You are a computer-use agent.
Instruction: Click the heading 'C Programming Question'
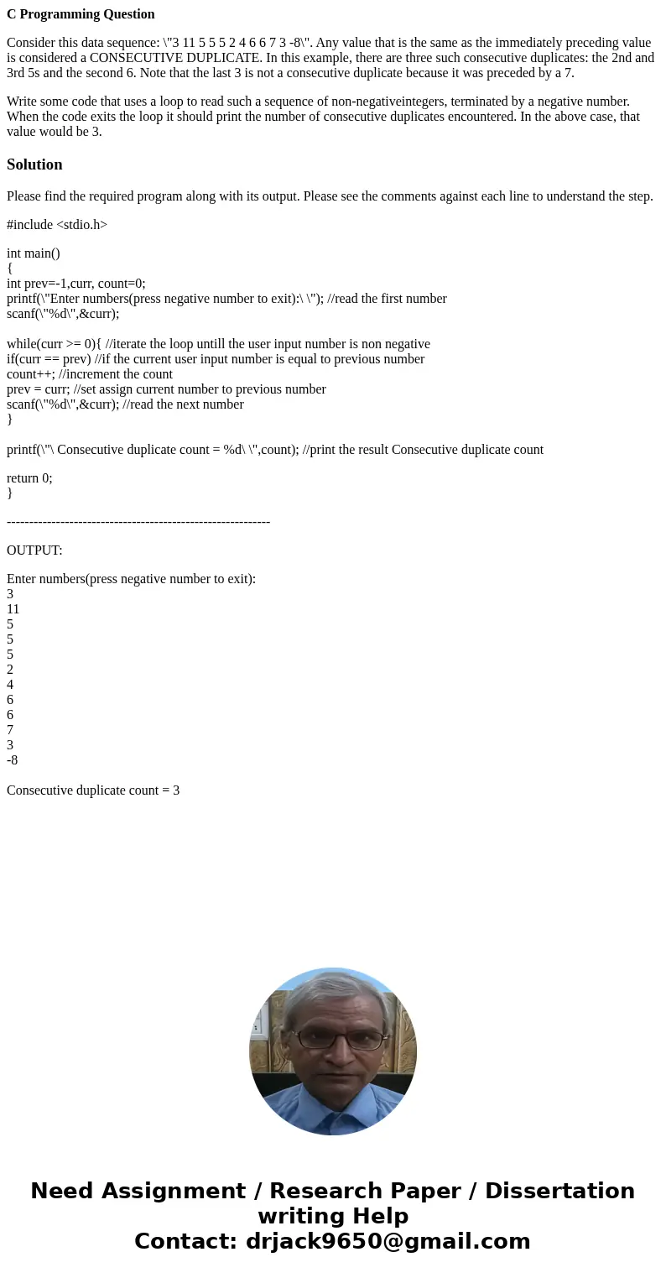(x=81, y=14)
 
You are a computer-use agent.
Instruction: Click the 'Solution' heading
(x=34, y=164)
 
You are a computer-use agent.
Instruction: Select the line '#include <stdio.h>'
(x=57, y=224)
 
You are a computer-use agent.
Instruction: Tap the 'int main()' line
(x=34, y=253)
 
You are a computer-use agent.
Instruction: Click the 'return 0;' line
(x=29, y=477)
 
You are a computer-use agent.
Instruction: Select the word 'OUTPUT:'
(x=34, y=550)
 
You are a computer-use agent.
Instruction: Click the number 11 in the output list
(x=13, y=609)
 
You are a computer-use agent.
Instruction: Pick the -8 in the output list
(x=12, y=760)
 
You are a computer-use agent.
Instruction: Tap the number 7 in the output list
(x=10, y=730)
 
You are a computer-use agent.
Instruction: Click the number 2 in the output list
(x=10, y=670)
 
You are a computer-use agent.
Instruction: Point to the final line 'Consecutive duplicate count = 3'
(x=93, y=790)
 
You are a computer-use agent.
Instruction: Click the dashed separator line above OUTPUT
(x=138, y=522)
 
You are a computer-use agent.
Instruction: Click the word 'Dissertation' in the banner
(x=559, y=1192)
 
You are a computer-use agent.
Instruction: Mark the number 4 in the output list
(x=10, y=685)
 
